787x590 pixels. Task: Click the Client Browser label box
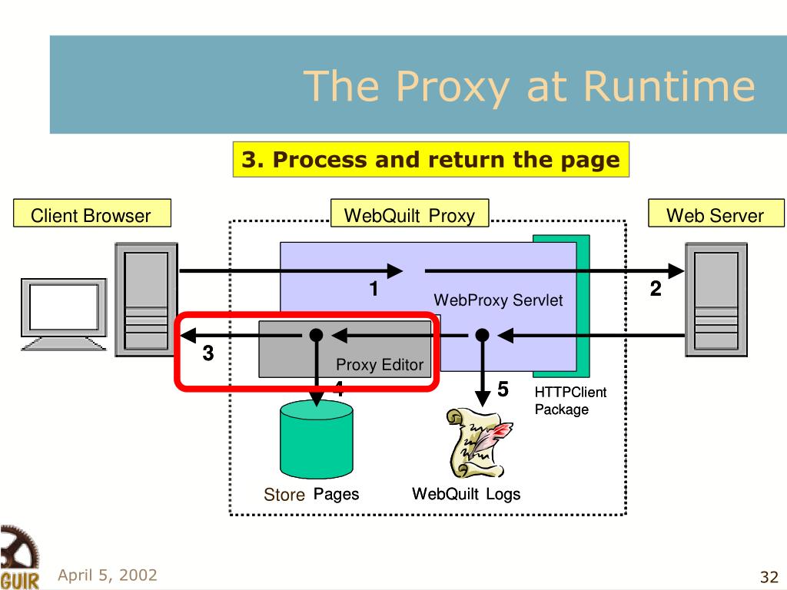point(92,214)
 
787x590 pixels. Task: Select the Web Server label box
point(716,214)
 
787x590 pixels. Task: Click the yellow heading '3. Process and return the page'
point(430,160)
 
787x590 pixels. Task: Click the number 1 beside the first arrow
point(374,289)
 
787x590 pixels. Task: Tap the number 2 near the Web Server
point(656,289)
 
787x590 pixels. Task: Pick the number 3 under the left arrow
point(208,353)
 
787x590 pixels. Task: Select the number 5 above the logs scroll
point(503,389)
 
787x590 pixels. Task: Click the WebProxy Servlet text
point(498,300)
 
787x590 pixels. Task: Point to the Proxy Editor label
point(380,365)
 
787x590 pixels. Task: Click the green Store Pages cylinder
point(316,439)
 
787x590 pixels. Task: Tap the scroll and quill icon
point(480,442)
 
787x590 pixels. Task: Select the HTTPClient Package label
point(570,401)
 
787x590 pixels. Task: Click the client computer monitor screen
point(64,307)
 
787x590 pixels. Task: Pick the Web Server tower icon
point(716,300)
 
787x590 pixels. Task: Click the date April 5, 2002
point(108,575)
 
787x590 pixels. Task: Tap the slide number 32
point(769,577)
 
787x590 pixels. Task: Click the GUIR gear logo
point(19,558)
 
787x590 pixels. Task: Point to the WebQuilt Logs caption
point(467,494)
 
